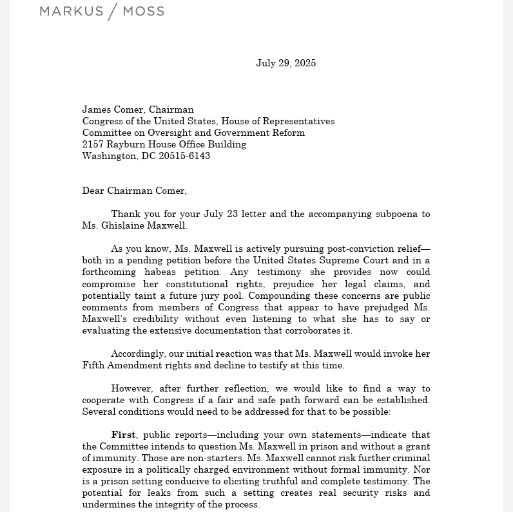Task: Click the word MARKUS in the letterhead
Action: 72,12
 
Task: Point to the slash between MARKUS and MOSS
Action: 112,12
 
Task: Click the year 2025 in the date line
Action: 305,63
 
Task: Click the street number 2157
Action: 93,144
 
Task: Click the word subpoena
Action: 389,214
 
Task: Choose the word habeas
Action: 161,272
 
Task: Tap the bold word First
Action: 123,435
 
